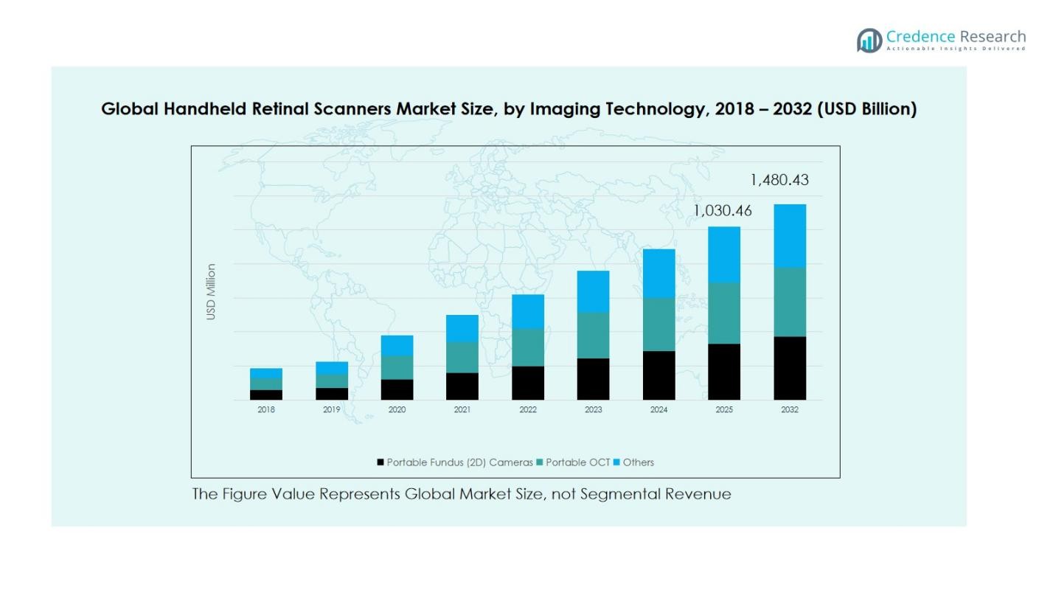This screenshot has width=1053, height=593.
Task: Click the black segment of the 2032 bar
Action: pos(789,368)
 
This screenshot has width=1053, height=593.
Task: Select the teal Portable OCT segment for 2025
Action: pos(724,313)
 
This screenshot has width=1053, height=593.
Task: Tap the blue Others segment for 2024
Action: pos(658,273)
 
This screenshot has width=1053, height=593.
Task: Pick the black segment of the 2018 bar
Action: pos(265,395)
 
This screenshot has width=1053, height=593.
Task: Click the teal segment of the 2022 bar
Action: pos(528,347)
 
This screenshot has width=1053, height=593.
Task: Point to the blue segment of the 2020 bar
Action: pos(397,345)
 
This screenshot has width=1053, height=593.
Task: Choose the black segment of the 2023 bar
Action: pos(593,379)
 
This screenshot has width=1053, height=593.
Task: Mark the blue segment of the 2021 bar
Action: pos(462,328)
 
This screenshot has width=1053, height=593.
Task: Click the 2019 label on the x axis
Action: pos(331,410)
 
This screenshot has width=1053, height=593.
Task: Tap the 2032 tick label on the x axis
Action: pos(789,410)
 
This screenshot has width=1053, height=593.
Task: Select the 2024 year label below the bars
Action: pos(658,410)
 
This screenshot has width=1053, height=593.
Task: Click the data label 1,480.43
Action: pos(779,180)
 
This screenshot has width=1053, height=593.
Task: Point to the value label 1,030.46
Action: pos(723,211)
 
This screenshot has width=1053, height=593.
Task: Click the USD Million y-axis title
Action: pos(212,292)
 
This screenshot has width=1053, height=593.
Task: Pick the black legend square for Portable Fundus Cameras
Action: pos(380,462)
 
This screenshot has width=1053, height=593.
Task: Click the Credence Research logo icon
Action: pos(869,40)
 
